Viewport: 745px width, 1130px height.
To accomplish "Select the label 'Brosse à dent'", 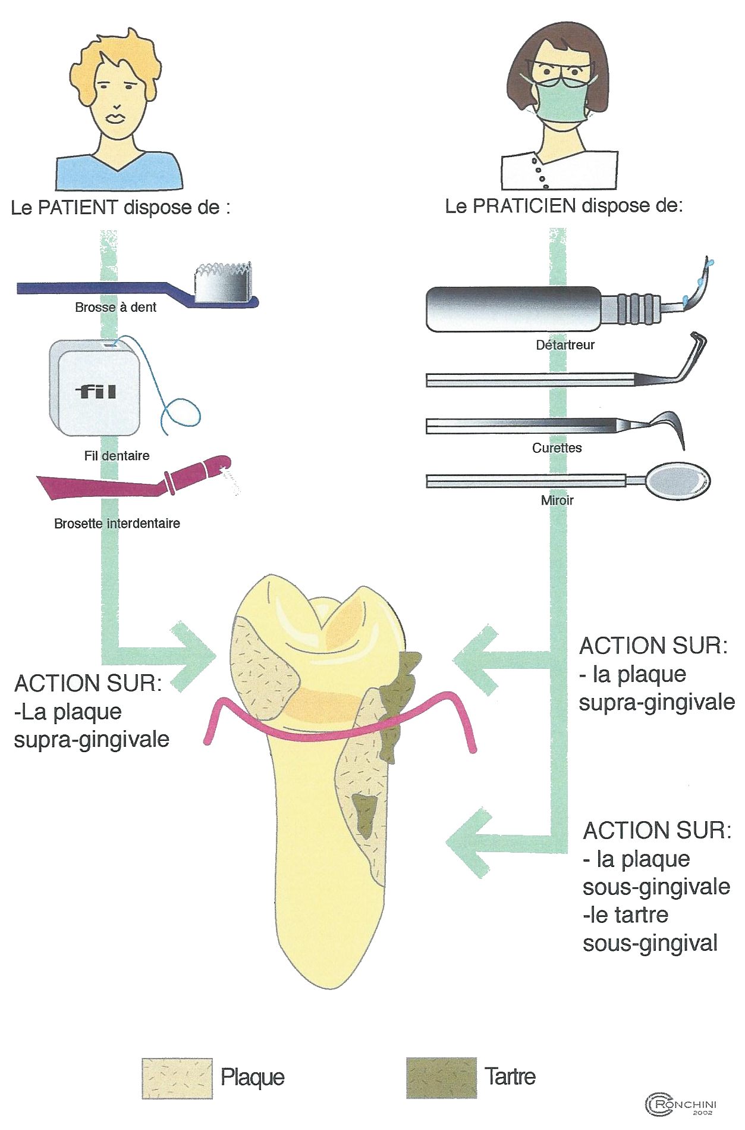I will coord(115,308).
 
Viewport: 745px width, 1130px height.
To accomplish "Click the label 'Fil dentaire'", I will coord(117,456).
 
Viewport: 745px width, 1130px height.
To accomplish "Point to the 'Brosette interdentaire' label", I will coord(117,524).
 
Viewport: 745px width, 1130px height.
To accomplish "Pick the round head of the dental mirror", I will coord(678,480).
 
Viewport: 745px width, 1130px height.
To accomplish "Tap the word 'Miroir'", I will coord(557,500).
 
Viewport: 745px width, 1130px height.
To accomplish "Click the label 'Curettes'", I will coord(557,448).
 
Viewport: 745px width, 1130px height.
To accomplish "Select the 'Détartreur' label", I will coord(565,345).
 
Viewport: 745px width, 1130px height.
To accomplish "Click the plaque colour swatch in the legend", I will coord(177,1078).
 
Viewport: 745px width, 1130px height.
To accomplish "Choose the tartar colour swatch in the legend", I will coord(441,1078).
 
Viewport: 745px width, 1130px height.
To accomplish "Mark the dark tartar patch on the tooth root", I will coord(364,815).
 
